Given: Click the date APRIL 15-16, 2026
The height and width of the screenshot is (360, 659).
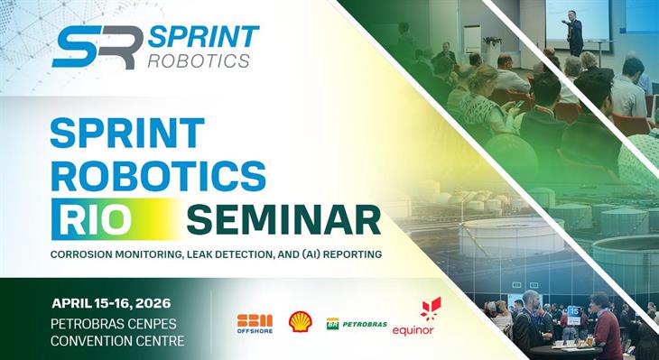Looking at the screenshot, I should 111,302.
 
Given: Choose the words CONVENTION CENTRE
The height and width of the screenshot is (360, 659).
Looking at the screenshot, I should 117,340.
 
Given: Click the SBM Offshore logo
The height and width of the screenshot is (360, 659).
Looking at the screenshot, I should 254,322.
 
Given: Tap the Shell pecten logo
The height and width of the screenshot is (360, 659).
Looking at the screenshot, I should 300,321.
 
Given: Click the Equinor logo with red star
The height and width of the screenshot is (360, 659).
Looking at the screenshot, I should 415,317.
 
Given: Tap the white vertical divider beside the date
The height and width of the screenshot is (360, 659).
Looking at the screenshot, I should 212,322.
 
